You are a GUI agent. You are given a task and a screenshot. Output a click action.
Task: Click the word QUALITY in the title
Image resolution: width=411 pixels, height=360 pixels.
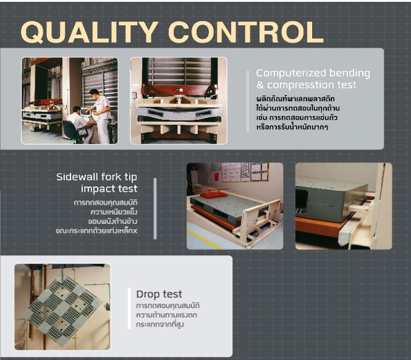point(90,32)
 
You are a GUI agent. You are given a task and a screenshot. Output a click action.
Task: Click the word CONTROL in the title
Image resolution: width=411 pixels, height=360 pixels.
point(246,32)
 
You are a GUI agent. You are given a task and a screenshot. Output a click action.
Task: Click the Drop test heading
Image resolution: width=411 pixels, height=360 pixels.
point(159,295)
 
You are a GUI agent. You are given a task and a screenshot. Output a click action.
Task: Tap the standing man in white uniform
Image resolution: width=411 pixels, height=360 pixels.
point(101,115)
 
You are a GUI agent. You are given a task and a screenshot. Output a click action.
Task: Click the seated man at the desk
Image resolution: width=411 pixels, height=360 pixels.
point(80,122)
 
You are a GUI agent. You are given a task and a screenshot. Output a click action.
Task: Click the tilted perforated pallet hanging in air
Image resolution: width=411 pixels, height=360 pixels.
point(63,308)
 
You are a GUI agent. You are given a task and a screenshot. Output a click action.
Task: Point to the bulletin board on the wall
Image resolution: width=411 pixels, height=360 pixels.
point(245,172)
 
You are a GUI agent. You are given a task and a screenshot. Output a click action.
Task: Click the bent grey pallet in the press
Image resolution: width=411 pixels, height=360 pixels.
point(179,114)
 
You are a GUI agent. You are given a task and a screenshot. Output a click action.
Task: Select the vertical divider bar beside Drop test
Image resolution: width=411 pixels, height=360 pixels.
point(129,308)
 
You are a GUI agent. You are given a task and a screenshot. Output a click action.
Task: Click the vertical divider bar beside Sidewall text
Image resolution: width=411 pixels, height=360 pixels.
point(155,209)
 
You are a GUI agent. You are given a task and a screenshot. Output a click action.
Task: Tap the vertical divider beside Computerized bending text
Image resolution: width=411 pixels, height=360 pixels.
point(248,102)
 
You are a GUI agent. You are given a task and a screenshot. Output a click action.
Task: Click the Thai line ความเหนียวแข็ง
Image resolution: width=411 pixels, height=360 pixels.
point(114,212)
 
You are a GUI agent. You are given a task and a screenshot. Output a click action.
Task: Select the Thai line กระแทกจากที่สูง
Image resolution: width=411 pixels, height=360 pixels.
point(160,325)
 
